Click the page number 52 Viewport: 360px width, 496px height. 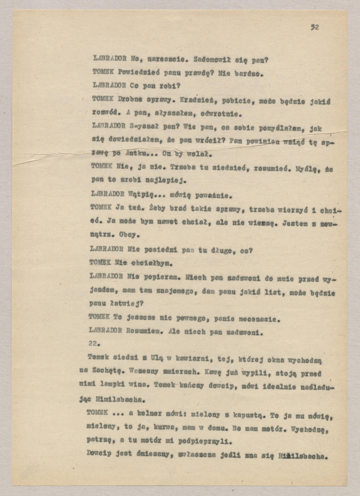click(315, 27)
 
